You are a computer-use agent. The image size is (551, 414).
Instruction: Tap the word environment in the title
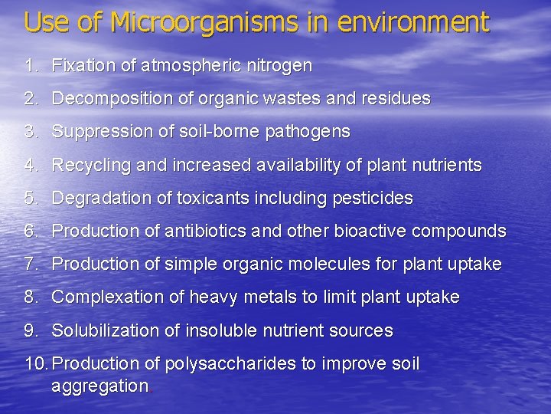click(x=412, y=22)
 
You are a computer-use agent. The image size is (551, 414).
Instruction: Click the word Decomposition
click(x=106, y=99)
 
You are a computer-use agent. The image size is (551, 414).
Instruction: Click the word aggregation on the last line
click(x=99, y=386)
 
